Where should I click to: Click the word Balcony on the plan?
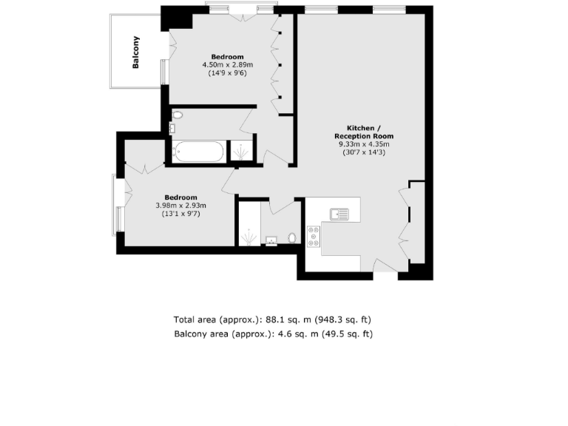coord(136,53)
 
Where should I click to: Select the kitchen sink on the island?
coord(340,214)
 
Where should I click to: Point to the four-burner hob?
coord(314,236)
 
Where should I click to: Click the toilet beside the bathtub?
coord(177,115)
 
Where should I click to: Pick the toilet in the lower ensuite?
coord(291,238)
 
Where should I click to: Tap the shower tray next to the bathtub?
coord(240,152)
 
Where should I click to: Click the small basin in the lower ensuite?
coord(271,240)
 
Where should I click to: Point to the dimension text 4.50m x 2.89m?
coord(227,65)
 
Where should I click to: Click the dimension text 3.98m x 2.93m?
coord(180,206)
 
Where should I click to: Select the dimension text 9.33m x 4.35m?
coord(363,144)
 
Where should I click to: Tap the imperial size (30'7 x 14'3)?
coord(363,152)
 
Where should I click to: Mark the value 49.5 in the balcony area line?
coord(325,334)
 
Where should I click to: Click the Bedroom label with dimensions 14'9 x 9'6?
coord(227,57)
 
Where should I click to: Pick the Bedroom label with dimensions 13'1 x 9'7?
coord(180,197)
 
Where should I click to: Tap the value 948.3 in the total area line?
coord(331,320)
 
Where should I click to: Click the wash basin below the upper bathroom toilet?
coord(172,129)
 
